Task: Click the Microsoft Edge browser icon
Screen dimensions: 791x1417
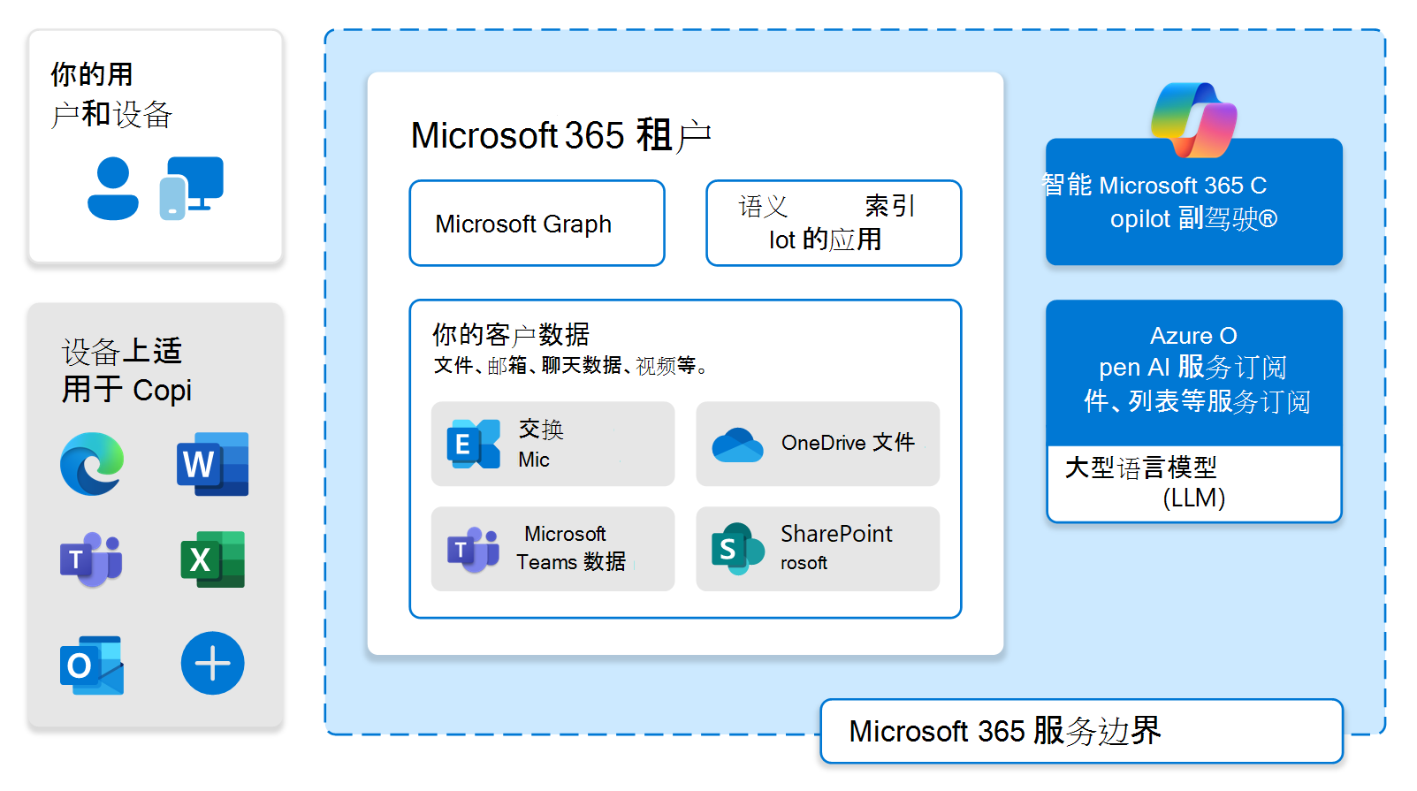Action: (92, 464)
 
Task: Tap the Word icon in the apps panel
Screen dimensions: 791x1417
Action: (212, 464)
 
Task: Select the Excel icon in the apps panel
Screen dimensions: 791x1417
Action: (212, 559)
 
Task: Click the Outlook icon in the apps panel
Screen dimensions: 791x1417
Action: (92, 665)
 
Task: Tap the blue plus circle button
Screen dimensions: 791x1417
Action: (212, 663)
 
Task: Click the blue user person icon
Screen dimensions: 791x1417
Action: (113, 188)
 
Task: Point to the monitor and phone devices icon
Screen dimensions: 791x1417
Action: (192, 187)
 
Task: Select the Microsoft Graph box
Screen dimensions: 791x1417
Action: (537, 224)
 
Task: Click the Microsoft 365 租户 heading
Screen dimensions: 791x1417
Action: (560, 135)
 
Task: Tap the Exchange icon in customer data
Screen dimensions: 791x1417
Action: (474, 444)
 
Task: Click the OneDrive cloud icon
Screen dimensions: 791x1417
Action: (737, 445)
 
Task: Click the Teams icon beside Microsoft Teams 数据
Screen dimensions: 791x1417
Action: (473, 550)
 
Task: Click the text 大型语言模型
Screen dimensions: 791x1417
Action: (1140, 468)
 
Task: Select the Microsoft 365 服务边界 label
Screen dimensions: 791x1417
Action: (1005, 731)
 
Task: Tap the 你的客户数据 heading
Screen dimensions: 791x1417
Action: (510, 334)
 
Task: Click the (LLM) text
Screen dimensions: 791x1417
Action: (1193, 498)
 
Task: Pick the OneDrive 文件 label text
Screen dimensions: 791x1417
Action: (848, 443)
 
